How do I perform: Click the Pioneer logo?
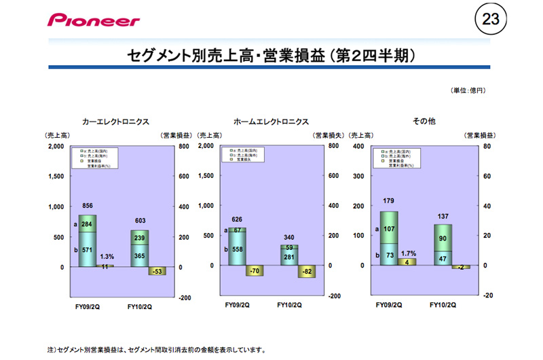coord(93,20)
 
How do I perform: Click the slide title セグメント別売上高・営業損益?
coord(271,56)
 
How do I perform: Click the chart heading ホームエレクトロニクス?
coord(271,122)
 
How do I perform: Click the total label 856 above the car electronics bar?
coord(88,205)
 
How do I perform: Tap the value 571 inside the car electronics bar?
coord(88,249)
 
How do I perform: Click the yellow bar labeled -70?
coord(255,270)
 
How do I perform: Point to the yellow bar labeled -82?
coord(306,272)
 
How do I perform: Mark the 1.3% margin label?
coord(107,257)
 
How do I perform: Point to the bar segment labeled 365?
coord(139,255)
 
